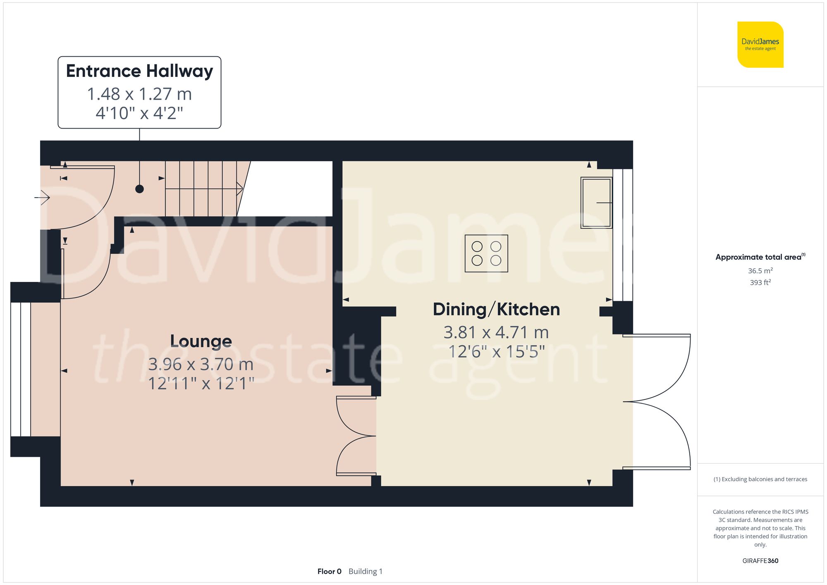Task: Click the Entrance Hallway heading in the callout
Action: coord(139,71)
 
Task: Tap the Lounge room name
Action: coord(201,341)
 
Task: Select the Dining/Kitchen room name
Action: coord(496,310)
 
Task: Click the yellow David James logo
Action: coord(760,45)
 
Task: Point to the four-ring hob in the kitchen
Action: coord(486,253)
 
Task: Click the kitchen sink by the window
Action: coord(596,203)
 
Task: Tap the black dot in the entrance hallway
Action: coord(140,189)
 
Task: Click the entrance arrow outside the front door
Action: coord(42,198)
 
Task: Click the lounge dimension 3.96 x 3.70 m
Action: coord(201,364)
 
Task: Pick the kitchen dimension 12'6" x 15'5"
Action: coord(496,352)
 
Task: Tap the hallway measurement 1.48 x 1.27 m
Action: coord(139,94)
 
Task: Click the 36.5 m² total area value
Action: coord(760,271)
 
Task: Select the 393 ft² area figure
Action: coord(760,282)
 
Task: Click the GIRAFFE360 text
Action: coord(760,561)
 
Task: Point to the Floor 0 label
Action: coord(329,571)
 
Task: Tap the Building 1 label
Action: coord(366,571)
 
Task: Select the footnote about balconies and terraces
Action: coord(760,479)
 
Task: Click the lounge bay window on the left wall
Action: coord(21,369)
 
